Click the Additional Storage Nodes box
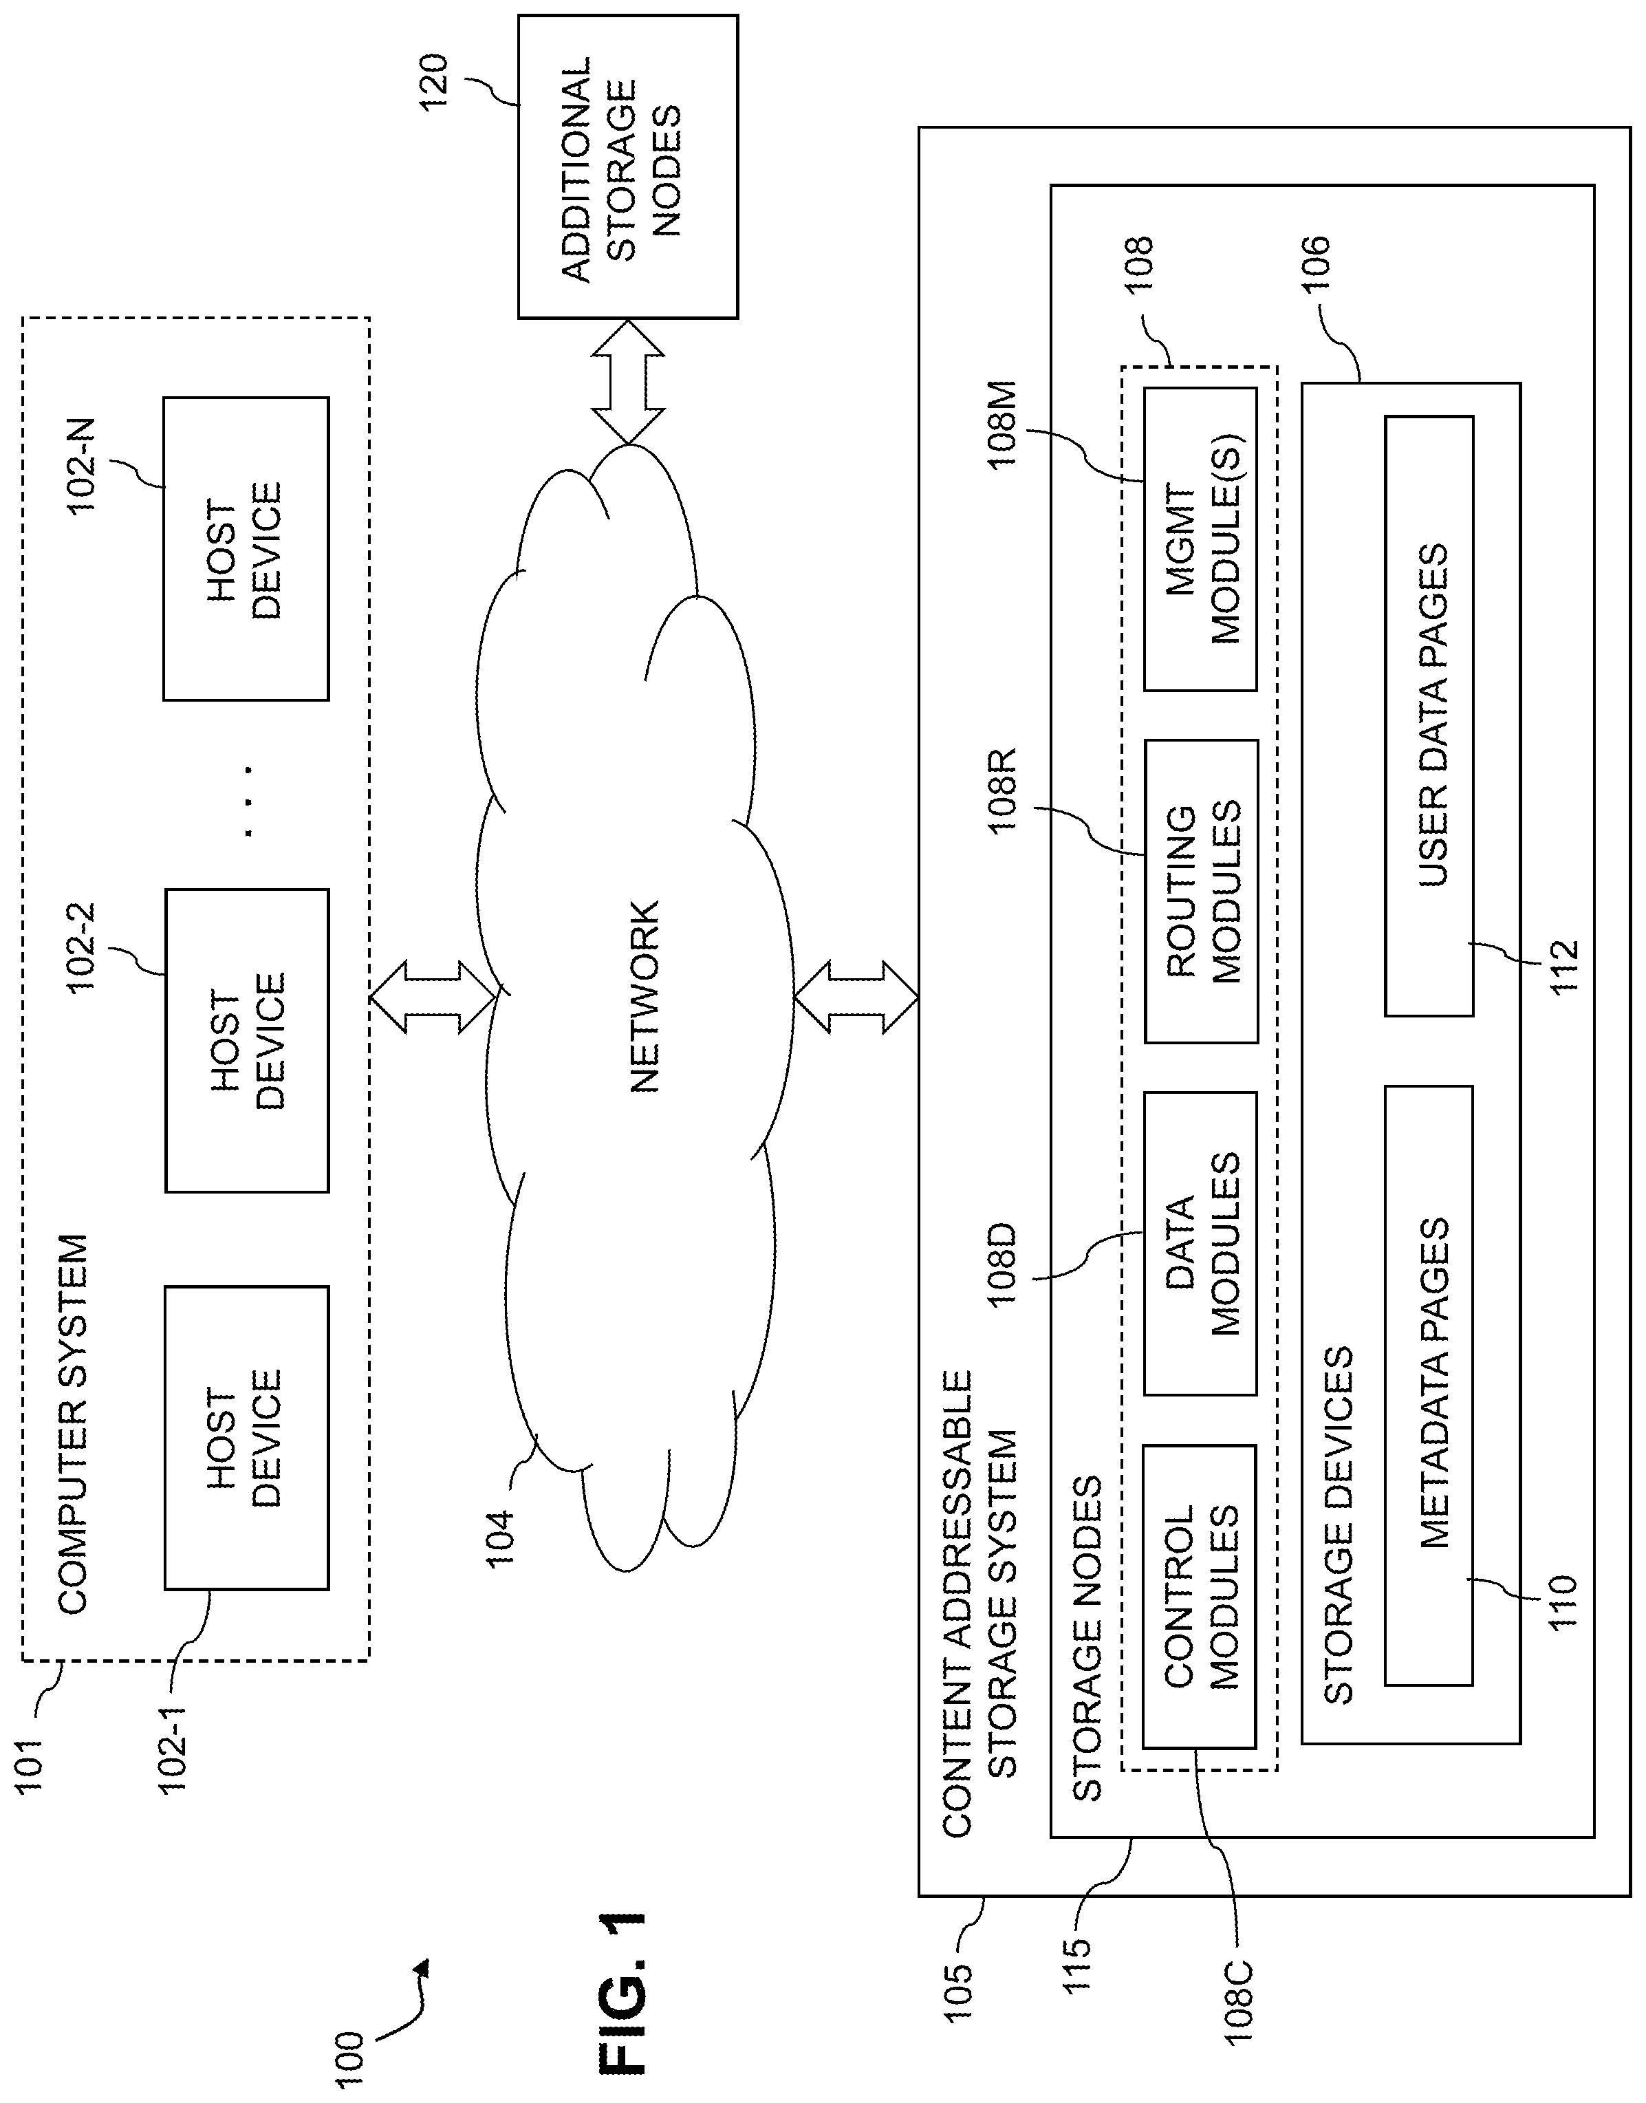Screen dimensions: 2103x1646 pos(627,166)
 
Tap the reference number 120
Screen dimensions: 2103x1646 pos(435,82)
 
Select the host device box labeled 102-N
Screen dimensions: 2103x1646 pos(246,548)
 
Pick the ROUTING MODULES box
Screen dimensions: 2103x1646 pos(1201,892)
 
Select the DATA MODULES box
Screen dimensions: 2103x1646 pos(1200,1243)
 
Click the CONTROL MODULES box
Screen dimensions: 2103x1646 pos(1199,1596)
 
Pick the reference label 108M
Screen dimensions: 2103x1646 pos(1002,424)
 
